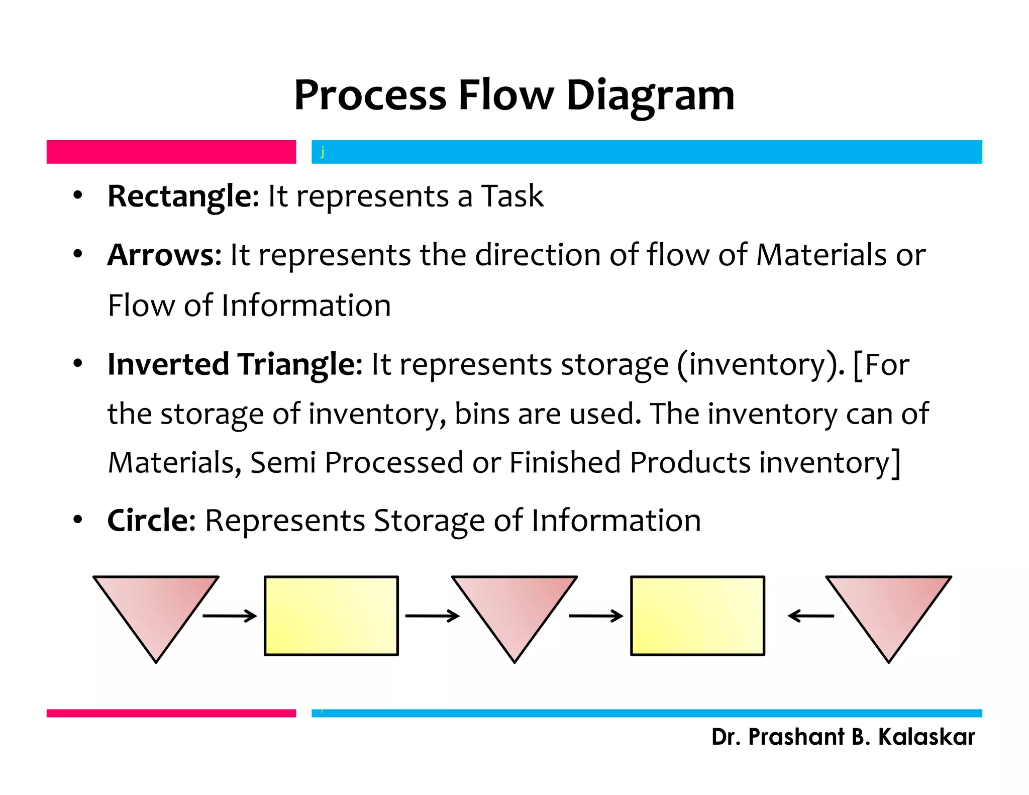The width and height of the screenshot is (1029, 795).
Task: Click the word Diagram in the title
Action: [650, 95]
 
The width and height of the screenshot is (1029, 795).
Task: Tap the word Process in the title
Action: [370, 95]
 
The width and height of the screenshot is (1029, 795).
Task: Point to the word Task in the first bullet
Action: [512, 196]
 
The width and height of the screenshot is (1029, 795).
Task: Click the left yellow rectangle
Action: [331, 616]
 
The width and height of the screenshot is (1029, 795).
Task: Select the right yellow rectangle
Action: [697, 616]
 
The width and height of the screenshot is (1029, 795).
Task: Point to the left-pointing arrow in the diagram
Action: [810, 616]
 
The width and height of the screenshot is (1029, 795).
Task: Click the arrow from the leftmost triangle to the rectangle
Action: [230, 616]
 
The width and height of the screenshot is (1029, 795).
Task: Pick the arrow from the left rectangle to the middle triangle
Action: [432, 616]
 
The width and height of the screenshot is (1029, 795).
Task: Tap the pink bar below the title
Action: [171, 152]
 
